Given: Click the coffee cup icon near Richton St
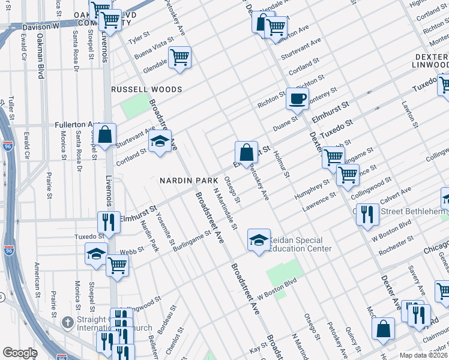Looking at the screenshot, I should coord(297,98).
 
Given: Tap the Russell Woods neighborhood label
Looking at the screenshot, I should coord(146,89).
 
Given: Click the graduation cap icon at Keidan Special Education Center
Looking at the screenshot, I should coord(258,241).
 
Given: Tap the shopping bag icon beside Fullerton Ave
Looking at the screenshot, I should coord(105,136).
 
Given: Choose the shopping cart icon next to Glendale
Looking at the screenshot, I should coord(179,58).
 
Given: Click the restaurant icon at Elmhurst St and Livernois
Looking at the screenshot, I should coord(109,221).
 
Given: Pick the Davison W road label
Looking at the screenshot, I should coord(41,27).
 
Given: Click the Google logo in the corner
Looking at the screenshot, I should coord(20,353).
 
